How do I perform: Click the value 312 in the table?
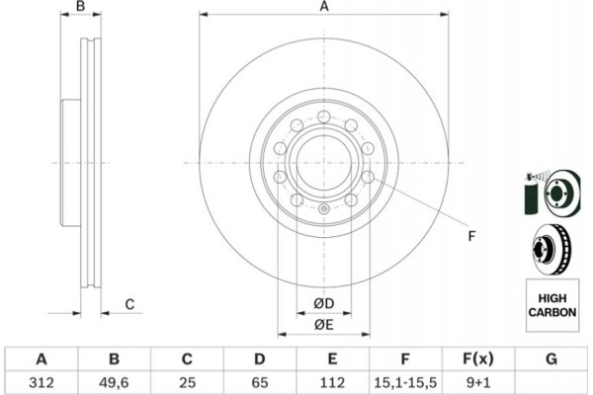coord(42,380)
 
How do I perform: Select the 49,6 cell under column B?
coord(115,380)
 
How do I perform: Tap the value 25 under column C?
coord(188,380)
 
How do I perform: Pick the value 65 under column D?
coord(260,380)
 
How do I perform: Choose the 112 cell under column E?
coord(333,380)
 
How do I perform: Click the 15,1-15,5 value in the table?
coord(406,380)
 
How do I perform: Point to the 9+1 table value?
coord(478,380)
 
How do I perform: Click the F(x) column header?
coord(478,357)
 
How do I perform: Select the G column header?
coord(551,357)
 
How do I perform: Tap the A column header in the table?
coord(42,357)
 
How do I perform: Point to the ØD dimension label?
coord(323,303)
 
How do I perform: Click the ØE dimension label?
coord(323,325)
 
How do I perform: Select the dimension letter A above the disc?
coord(323,9)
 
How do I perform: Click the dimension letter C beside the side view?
coord(128,303)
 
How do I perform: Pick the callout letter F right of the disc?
coord(471,236)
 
